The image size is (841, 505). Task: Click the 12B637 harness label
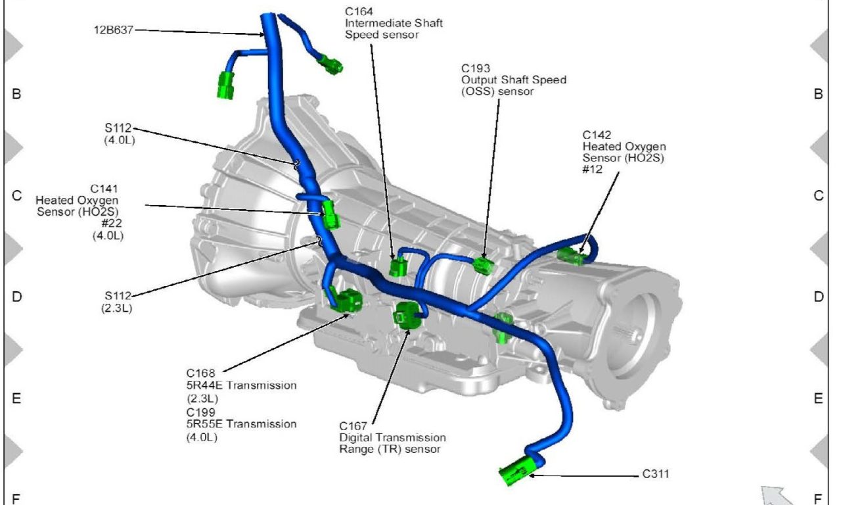click(x=114, y=30)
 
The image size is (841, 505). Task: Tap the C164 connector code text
click(x=358, y=11)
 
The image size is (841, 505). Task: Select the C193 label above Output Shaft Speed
click(x=474, y=68)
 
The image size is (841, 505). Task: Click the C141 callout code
click(x=104, y=188)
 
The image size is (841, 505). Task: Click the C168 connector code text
click(x=201, y=373)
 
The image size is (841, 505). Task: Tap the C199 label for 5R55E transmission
click(x=201, y=412)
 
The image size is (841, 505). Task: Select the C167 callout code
click(x=353, y=425)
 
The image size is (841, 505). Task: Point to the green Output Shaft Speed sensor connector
click(x=484, y=265)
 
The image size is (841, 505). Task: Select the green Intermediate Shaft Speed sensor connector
click(x=398, y=267)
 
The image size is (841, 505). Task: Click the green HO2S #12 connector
click(x=570, y=256)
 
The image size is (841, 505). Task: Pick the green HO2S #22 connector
click(x=330, y=214)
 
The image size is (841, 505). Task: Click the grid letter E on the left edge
click(x=16, y=398)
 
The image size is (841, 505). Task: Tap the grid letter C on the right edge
click(x=818, y=196)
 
